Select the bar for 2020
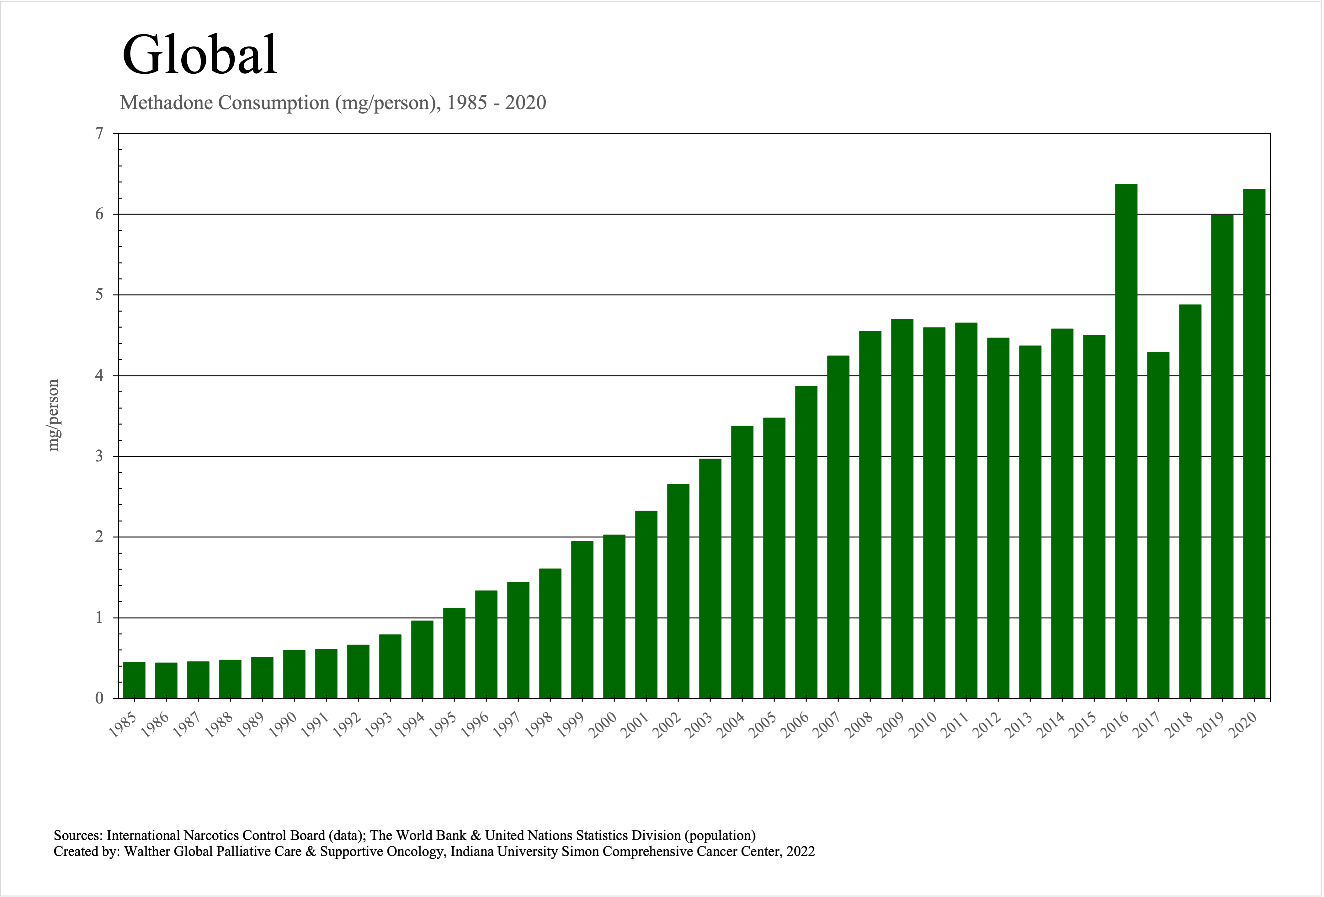pos(1254,444)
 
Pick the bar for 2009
pos(902,509)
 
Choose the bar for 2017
pos(1158,525)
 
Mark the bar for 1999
pos(582,620)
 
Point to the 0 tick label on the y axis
pos(100,698)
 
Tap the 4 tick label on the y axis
pos(100,375)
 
